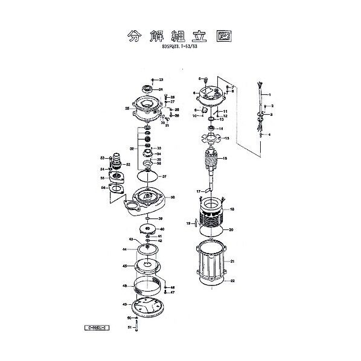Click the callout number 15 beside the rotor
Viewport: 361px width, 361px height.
(225, 158)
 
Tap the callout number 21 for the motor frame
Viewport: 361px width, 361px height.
(232, 261)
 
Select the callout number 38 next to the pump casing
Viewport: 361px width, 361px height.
(173, 197)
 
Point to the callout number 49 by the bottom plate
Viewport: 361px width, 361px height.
(124, 304)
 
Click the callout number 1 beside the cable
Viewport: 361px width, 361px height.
(269, 95)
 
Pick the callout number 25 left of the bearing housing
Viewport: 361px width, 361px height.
(127, 109)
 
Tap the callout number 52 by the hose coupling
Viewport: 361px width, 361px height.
(128, 164)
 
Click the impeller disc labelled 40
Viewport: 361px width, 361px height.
(148, 229)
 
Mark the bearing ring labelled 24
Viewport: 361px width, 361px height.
(145, 90)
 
